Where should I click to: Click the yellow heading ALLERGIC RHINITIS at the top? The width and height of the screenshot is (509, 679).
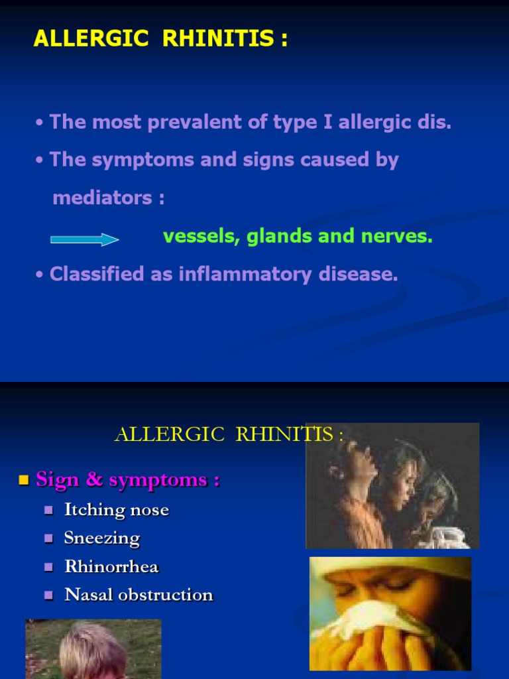pyautogui.click(x=160, y=39)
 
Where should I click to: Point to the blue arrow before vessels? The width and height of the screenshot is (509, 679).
pyautogui.click(x=84, y=239)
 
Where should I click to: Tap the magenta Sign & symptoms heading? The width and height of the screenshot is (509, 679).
pyautogui.click(x=127, y=479)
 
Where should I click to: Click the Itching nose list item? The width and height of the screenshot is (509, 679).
pyautogui.click(x=116, y=510)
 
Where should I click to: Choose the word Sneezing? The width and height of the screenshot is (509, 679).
pyautogui.click(x=101, y=538)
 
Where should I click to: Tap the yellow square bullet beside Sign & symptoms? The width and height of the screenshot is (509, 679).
pyautogui.click(x=25, y=480)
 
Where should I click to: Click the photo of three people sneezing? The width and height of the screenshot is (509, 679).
pyautogui.click(x=392, y=486)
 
